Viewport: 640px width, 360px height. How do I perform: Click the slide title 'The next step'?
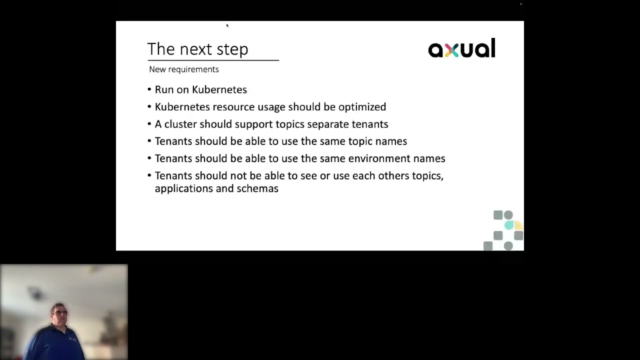coord(197,49)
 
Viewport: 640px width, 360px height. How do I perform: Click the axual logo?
coord(461,48)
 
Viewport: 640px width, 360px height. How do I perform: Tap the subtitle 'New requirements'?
coord(183,69)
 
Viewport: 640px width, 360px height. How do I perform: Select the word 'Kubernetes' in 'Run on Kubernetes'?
coord(219,89)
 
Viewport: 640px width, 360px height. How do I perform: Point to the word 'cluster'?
coord(180,124)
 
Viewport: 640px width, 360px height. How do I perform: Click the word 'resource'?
coord(233,107)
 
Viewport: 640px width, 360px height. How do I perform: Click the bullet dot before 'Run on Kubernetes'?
coord(149,90)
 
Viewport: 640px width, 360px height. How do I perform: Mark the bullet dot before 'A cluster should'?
coord(149,124)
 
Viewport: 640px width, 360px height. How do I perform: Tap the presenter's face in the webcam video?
coord(58,314)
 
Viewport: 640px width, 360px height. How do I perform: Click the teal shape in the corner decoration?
coord(508,225)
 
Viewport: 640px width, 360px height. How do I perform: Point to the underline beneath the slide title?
coord(213,60)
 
